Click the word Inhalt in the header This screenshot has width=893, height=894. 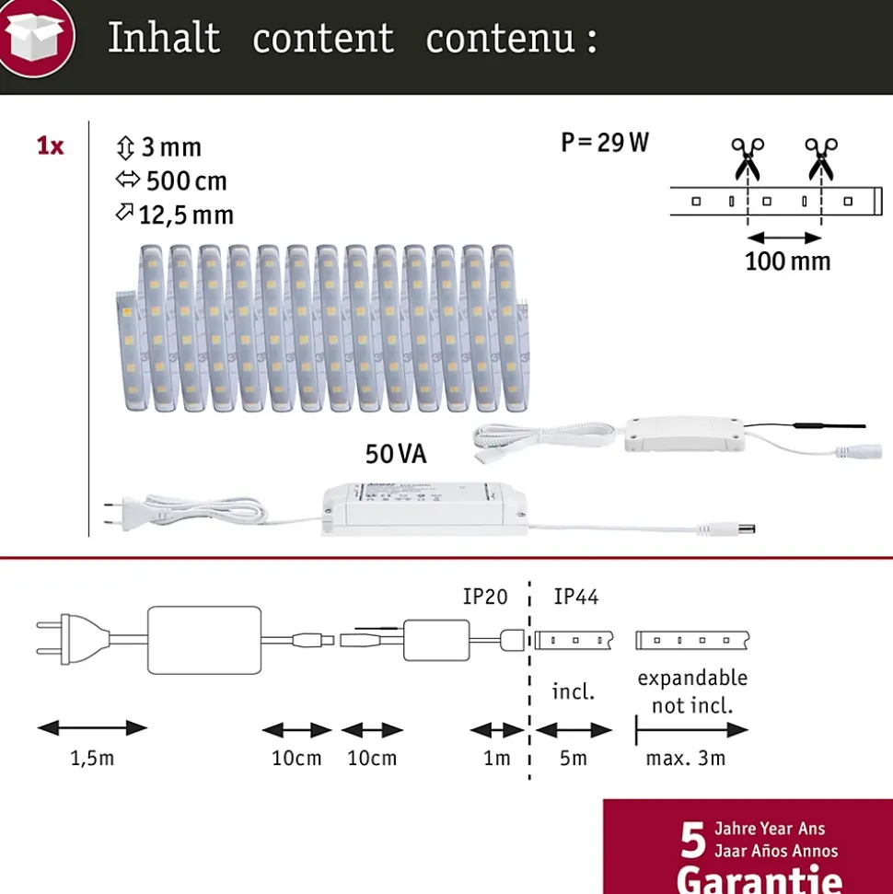pos(164,38)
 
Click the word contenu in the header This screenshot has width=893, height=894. pos(500,40)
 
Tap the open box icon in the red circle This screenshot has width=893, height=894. pos(35,37)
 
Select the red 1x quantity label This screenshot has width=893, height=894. pos(51,146)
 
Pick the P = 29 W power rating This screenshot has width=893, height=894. pos(605,143)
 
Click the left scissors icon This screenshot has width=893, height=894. pos(748,158)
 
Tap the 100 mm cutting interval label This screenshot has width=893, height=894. pos(787,261)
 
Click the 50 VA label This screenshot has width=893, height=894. pos(396,454)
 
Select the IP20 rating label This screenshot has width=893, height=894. pos(485,597)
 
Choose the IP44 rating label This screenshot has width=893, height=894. pos(576,597)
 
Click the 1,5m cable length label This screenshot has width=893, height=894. pos(92,759)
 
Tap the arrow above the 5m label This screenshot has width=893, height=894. pos(574,730)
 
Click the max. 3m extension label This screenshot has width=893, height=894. pos(686,759)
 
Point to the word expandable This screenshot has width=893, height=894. pos(692,679)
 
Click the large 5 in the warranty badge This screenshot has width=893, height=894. pos(693,841)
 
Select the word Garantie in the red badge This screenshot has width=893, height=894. pos(760,879)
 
